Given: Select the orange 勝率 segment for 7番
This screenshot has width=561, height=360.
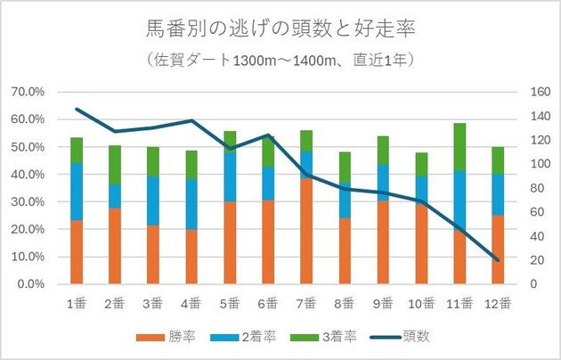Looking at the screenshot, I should click(305, 230).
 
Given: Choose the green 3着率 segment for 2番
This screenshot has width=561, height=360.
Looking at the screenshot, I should click(115, 164).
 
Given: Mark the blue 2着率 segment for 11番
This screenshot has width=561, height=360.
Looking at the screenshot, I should click(459, 200).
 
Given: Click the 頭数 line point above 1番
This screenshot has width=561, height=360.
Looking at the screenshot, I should click(77, 110).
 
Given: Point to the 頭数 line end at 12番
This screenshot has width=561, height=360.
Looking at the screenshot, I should click(498, 260).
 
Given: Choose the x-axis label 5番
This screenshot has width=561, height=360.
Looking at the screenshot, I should click(229, 302).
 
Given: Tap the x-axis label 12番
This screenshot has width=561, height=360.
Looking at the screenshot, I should click(498, 302).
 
